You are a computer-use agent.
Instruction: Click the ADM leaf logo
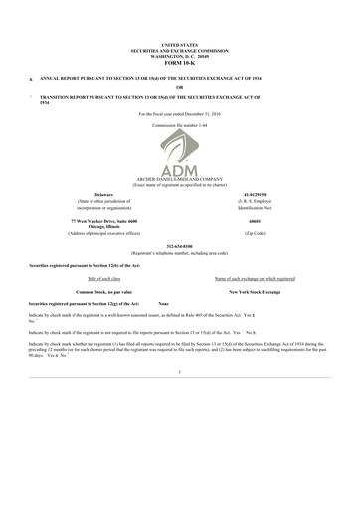point(180,157)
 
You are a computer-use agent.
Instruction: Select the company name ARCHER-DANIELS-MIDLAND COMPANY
point(180,178)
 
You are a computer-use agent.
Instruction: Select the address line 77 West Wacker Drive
point(103,218)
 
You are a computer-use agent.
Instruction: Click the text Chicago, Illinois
point(103,225)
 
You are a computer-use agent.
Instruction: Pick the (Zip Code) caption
point(257,232)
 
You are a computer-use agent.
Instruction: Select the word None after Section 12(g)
point(164,303)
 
